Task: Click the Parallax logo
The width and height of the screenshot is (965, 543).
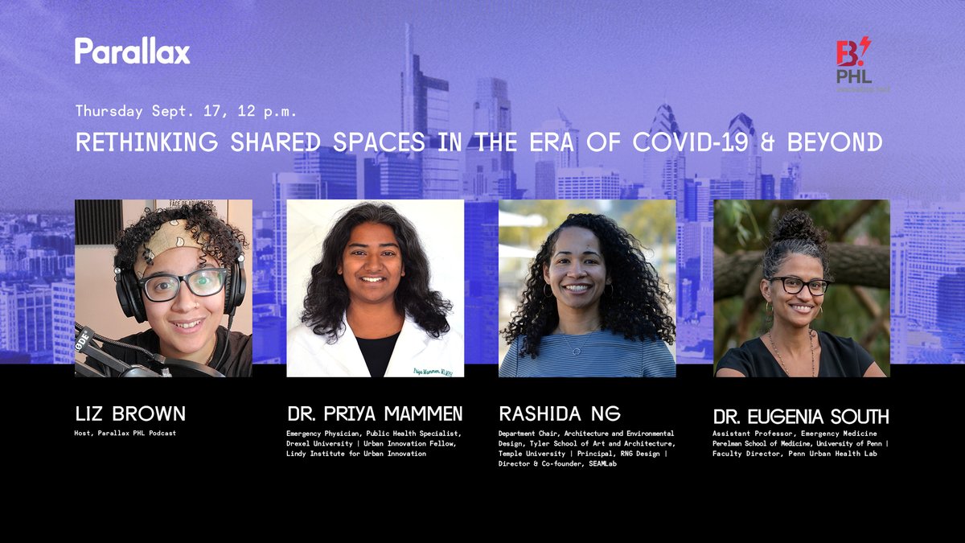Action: pos(133,51)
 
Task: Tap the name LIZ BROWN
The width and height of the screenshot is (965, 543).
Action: pos(129,414)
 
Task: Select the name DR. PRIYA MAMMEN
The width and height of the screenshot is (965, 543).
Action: pos(375,414)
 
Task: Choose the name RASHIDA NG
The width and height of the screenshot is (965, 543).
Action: pos(560,414)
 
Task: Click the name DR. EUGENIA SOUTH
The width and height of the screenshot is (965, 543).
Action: pos(801,417)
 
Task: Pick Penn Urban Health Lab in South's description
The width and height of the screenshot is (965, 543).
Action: pos(840,453)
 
